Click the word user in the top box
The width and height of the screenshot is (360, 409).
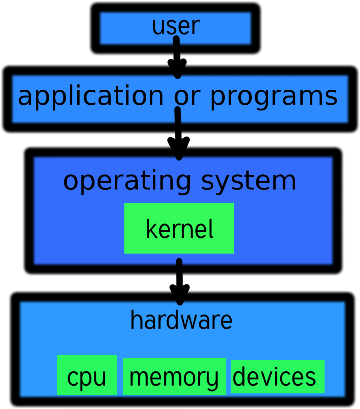[176, 26]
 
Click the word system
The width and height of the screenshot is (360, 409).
[249, 181]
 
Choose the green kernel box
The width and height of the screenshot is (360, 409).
[179, 228]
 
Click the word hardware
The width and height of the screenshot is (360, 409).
[181, 320]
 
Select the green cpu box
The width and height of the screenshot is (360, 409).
[87, 375]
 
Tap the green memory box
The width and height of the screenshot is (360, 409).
[174, 377]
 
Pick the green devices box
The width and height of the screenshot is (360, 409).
[277, 376]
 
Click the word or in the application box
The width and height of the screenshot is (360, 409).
[187, 96]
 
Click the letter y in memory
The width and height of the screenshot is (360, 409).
[212, 379]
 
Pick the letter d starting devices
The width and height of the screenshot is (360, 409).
[239, 376]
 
